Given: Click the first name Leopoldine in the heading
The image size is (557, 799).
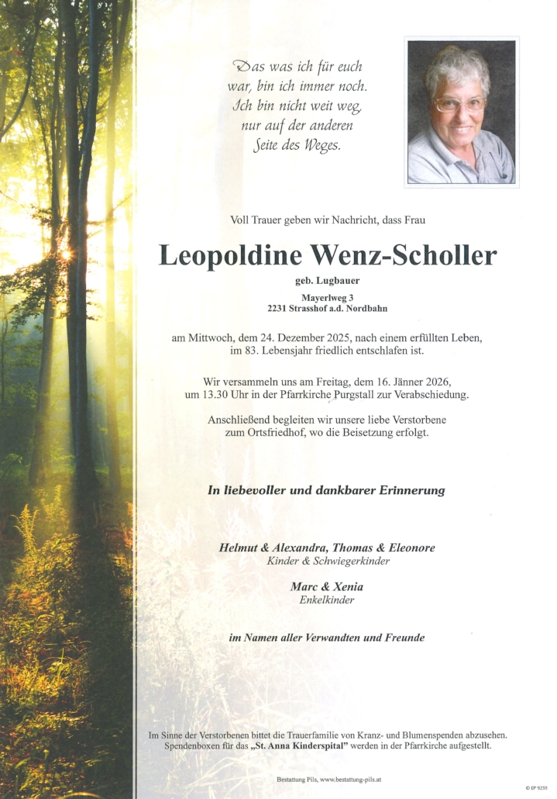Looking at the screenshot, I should [x=230, y=255].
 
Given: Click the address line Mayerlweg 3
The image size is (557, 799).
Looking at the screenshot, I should [x=328, y=297].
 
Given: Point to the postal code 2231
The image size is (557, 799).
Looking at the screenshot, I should [x=277, y=309].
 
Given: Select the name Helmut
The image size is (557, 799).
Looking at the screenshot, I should [x=239, y=548].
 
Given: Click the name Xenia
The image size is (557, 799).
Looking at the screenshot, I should [x=348, y=586].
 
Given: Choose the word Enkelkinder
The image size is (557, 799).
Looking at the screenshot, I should [x=327, y=600].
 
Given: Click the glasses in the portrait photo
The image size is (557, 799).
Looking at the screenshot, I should [x=459, y=104].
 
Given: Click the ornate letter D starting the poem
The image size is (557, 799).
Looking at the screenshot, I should [x=242, y=67].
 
